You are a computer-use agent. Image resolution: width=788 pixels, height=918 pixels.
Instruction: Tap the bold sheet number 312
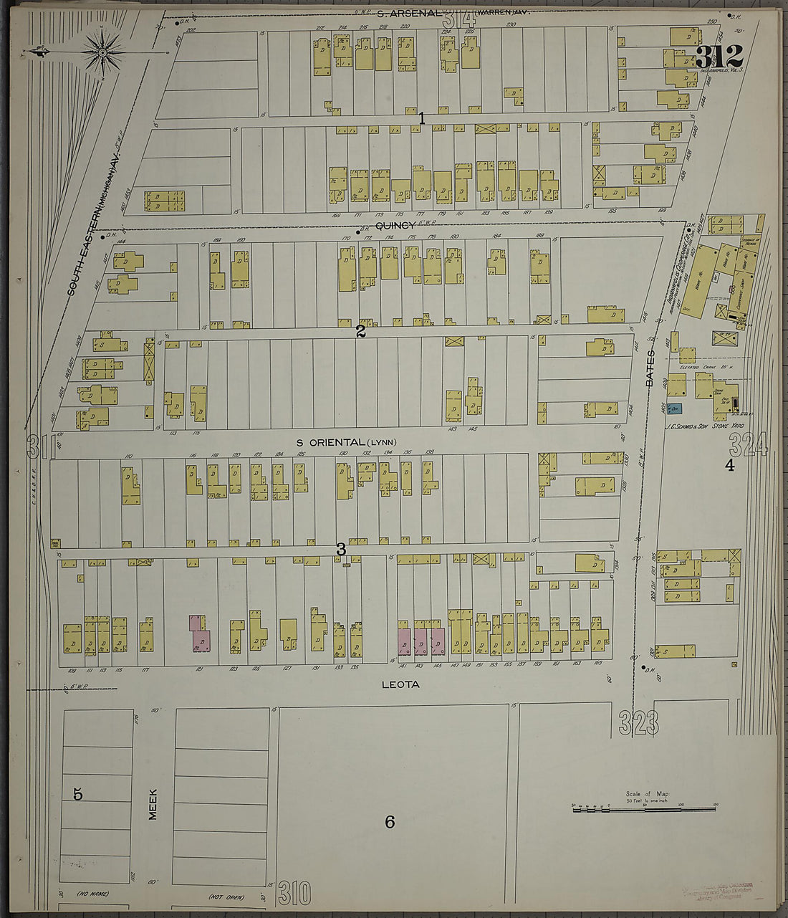(x=719, y=57)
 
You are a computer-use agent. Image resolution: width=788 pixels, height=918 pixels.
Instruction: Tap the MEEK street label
(x=153, y=803)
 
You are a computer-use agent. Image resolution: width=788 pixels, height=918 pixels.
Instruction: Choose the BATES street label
(x=650, y=368)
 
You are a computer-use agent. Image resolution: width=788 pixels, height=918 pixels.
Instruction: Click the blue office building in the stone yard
(x=674, y=409)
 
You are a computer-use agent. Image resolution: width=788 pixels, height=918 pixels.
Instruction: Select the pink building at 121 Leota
(x=199, y=633)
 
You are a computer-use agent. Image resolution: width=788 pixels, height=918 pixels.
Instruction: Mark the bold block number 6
(x=390, y=822)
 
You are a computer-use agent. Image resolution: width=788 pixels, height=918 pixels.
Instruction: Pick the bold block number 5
(x=78, y=793)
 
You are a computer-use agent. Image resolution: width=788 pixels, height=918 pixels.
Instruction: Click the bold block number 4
(x=730, y=465)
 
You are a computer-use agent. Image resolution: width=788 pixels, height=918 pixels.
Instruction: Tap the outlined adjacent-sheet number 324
(x=748, y=445)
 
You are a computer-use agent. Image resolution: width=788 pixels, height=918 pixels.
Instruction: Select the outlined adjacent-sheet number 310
(x=294, y=893)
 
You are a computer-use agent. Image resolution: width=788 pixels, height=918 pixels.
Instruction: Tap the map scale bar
(x=645, y=806)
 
